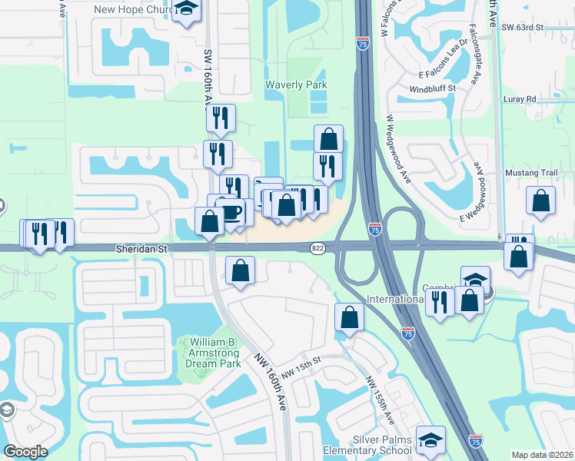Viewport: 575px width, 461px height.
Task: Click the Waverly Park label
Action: [296, 85]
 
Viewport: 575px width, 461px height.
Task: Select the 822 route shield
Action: [318, 248]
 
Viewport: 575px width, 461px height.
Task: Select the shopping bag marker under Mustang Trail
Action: [541, 201]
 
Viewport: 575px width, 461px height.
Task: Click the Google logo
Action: [25, 452]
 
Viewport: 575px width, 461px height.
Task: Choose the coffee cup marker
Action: [232, 211]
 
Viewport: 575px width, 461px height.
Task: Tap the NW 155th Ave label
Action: [381, 400]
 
